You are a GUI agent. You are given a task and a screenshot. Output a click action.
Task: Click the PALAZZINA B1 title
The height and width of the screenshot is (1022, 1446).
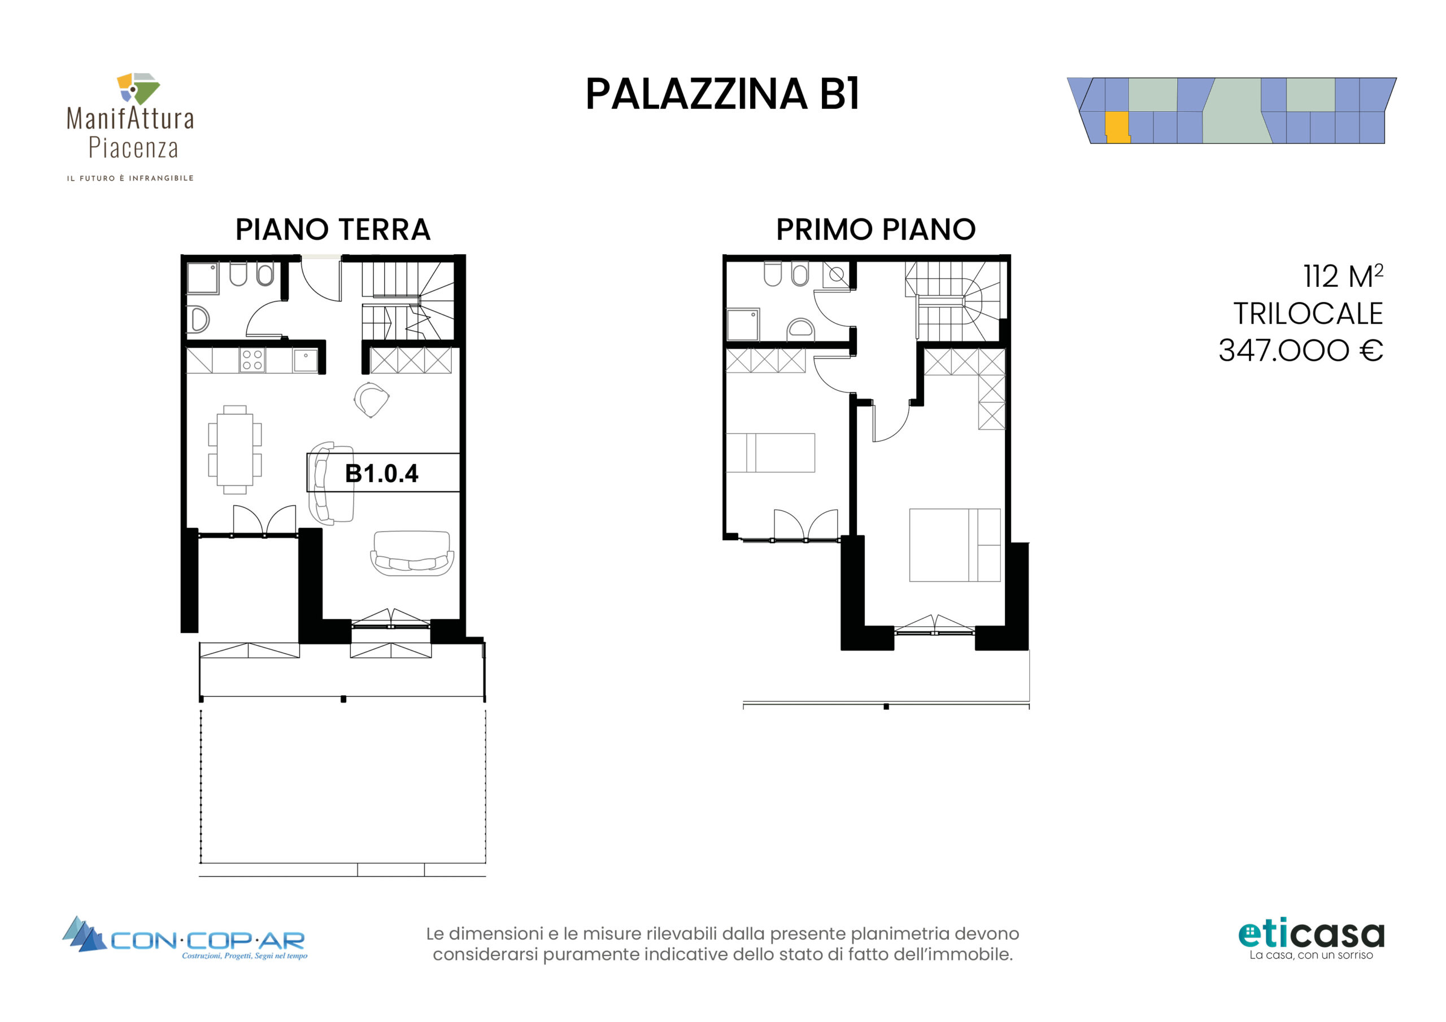pos(722,94)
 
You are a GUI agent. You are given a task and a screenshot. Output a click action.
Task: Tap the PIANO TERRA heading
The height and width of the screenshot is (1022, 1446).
pos(333,229)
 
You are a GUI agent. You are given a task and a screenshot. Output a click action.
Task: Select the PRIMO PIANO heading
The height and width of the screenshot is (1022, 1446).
pos(876,229)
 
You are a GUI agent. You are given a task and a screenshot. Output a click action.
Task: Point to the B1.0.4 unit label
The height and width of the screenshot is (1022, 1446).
pos(382,474)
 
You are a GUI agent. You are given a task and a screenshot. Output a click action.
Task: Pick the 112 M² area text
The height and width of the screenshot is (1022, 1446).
pos(1343,276)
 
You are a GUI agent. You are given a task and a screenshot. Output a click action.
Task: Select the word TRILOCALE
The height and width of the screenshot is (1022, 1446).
pos(1308,313)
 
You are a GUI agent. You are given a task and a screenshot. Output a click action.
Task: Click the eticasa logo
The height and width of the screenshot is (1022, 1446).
pos(1311,940)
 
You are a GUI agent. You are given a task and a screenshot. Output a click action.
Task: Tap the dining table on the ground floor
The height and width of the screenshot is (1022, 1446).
pos(235,449)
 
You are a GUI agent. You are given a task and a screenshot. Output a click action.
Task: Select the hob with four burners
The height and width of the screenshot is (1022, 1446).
pos(252,360)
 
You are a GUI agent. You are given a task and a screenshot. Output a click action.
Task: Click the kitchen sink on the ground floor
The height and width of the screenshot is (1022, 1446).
pos(306,361)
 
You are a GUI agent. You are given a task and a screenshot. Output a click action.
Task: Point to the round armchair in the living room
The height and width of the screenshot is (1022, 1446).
pos(371,400)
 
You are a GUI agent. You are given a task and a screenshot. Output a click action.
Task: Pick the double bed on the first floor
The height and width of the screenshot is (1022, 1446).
pos(955,545)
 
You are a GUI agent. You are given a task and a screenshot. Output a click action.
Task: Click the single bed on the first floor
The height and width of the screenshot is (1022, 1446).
pos(770,452)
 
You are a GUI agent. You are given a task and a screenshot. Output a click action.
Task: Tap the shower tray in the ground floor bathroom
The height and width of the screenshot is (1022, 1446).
pos(203,278)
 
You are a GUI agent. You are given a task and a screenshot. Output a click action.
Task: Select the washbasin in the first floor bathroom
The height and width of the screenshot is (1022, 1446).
pos(800,329)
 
